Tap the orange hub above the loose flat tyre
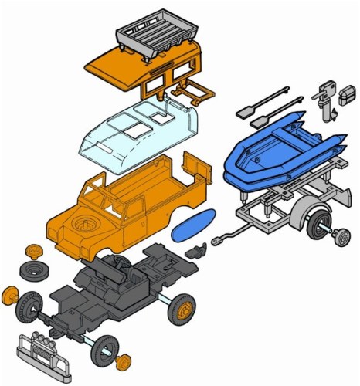point(35,251)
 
